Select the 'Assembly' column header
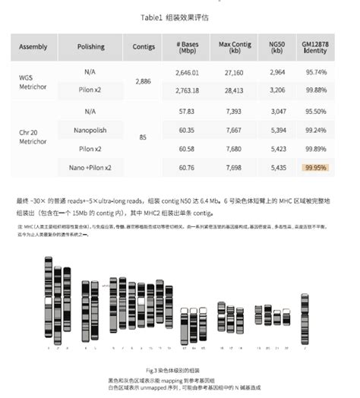(33, 46)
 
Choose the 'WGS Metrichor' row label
(33, 81)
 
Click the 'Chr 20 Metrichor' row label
(33, 138)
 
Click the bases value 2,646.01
(187, 71)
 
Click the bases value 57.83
(187, 110)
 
